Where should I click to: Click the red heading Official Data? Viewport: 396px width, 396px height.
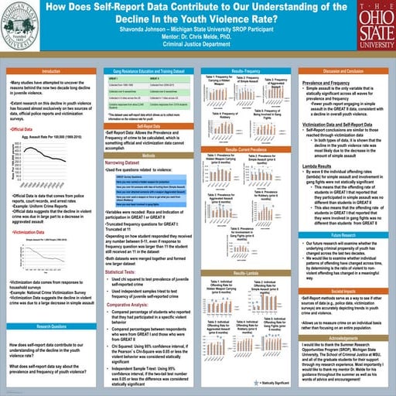click(x=27, y=128)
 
